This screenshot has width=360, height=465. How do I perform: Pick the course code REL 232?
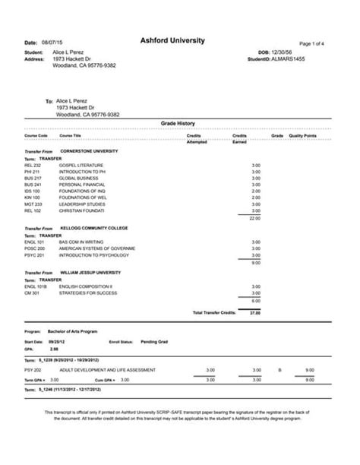tap(33, 165)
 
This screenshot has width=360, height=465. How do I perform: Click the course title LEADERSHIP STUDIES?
tap(80, 204)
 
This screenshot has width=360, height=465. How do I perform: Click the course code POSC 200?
tap(34, 248)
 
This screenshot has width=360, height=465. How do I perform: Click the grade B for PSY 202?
tap(279, 370)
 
